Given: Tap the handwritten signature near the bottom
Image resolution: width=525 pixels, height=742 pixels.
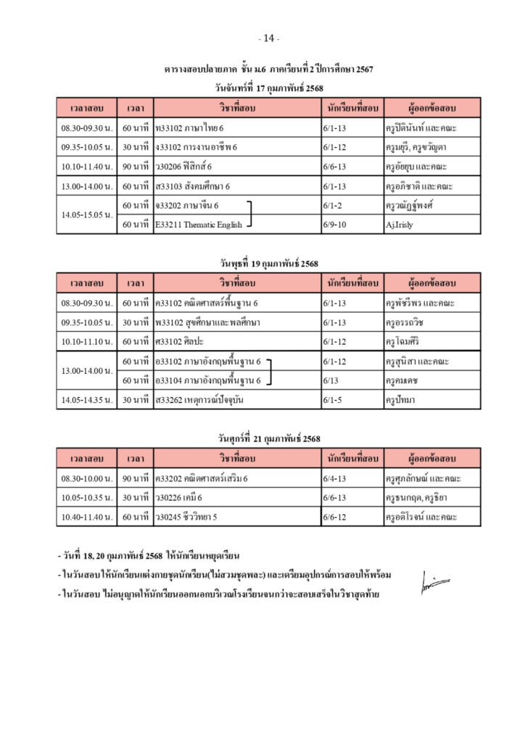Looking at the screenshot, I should tap(434, 581).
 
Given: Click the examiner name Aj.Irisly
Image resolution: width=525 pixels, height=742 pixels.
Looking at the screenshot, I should tap(400, 225).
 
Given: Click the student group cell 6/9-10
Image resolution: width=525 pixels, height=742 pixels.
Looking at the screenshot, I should tap(334, 225).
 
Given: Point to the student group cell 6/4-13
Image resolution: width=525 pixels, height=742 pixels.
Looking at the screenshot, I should tap(335, 478).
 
